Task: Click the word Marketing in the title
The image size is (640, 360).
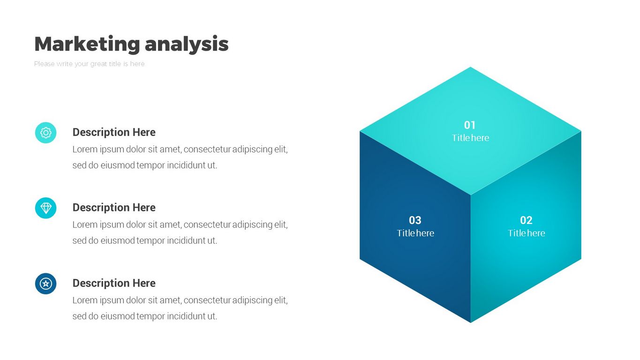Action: [87, 44]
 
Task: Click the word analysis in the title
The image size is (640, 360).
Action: [187, 44]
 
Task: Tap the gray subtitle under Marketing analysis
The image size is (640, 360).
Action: [89, 64]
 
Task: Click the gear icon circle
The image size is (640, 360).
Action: [46, 133]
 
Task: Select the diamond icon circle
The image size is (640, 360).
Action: [46, 208]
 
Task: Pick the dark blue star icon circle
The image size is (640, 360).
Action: [46, 284]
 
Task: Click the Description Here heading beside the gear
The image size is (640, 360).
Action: [114, 132]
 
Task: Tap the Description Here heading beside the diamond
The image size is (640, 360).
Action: [114, 208]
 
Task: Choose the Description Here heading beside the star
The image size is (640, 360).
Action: [114, 283]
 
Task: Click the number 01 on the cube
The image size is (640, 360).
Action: [470, 125]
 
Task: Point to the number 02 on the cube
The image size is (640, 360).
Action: [526, 220]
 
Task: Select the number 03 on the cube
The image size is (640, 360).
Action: [415, 220]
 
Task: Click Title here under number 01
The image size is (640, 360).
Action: [470, 138]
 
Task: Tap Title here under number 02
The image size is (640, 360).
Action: [526, 233]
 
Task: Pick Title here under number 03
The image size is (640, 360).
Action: [415, 233]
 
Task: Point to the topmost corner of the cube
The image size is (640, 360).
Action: [470, 67]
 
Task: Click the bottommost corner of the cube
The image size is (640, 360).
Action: [470, 322]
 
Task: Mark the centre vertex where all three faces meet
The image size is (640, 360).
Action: [470, 195]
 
